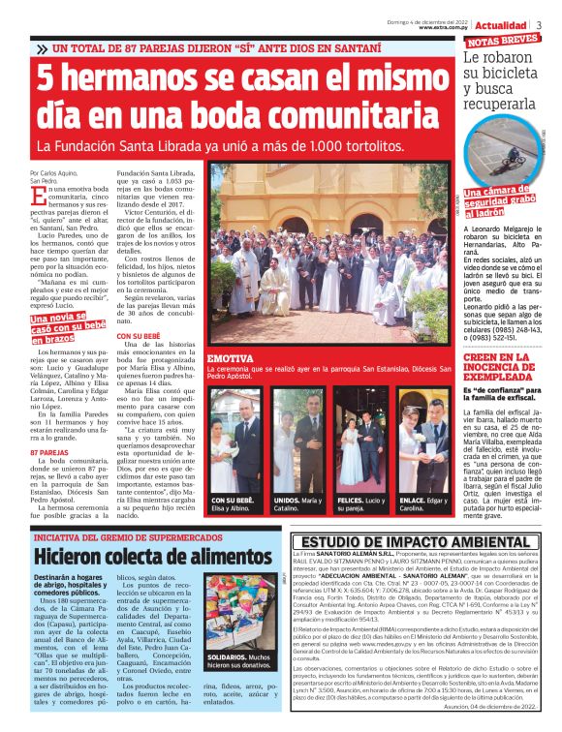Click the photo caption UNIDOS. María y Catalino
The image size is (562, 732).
coord(297,504)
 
